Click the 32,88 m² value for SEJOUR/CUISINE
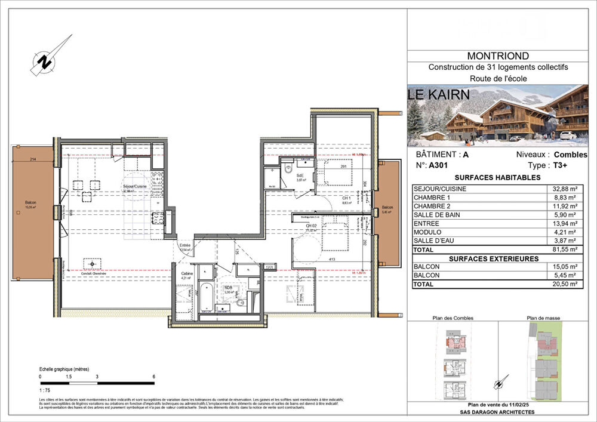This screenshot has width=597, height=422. coord(564,189)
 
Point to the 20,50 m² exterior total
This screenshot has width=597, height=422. coord(564,285)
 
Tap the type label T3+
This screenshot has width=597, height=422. coord(559,165)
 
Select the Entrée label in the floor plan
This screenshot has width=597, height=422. coord(185,245)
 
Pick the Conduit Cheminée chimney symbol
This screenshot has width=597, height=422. coord(91,263)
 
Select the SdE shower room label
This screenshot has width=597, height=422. coord(300,175)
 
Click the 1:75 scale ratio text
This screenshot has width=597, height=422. coord(45,390)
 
